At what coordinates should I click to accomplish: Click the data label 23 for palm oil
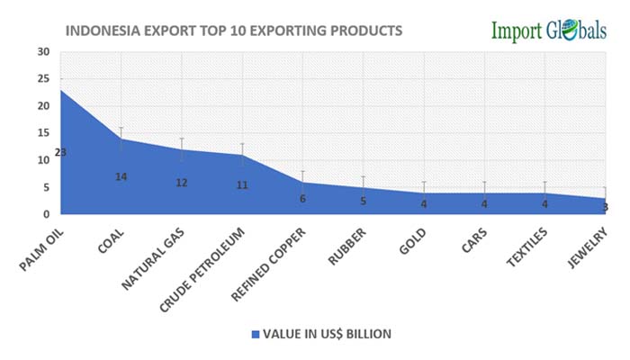click(x=60, y=153)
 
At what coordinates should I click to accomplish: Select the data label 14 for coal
click(x=121, y=176)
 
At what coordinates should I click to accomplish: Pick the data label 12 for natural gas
click(x=182, y=183)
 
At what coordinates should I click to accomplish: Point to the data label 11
click(x=242, y=185)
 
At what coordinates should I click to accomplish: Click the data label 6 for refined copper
click(x=302, y=198)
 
